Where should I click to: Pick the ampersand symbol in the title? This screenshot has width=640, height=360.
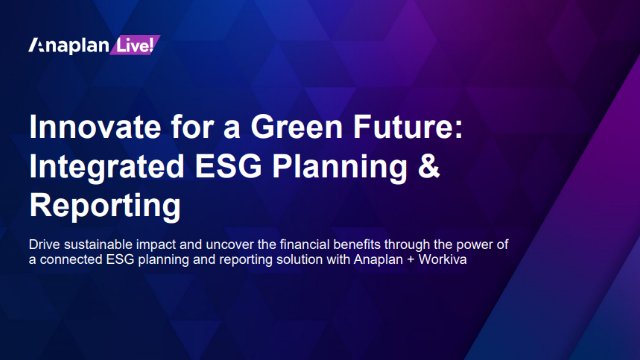click(428, 168)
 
